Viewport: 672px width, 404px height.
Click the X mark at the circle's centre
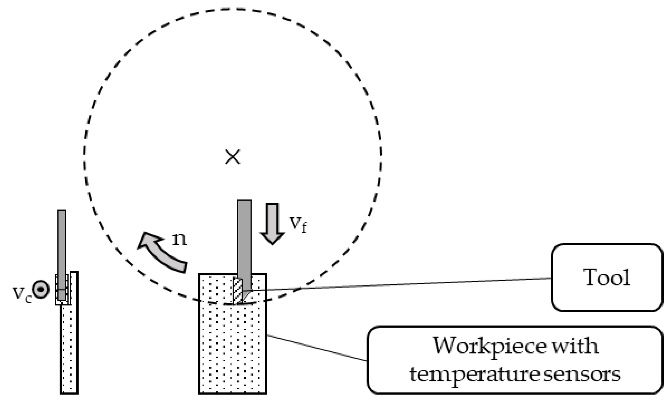pos(232,157)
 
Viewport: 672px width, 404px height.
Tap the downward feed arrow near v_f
pos(272,223)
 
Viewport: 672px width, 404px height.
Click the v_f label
pos(298,224)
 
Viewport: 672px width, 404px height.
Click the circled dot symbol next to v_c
pos(41,289)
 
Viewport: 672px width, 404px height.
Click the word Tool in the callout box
pos(607,278)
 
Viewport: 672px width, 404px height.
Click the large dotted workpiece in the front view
pos(232,349)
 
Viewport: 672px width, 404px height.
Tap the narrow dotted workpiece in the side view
pos(69,349)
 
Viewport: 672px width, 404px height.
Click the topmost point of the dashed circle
pos(232,9)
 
